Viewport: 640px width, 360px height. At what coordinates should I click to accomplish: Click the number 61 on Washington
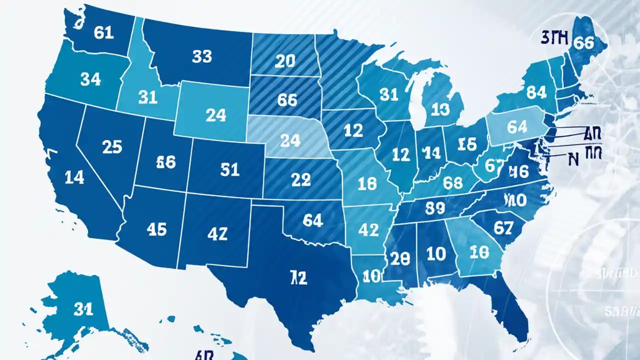(103, 32)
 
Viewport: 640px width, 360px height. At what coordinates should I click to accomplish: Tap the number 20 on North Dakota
(285, 61)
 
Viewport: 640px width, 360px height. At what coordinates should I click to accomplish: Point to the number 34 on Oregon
(90, 78)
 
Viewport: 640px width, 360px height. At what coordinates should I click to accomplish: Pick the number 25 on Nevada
(111, 146)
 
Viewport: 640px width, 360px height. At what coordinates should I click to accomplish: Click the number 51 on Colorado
(229, 170)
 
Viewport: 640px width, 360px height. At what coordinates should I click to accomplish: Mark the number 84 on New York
(536, 92)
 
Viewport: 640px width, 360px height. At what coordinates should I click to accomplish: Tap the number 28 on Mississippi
(399, 258)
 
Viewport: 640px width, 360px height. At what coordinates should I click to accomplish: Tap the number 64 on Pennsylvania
(516, 127)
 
